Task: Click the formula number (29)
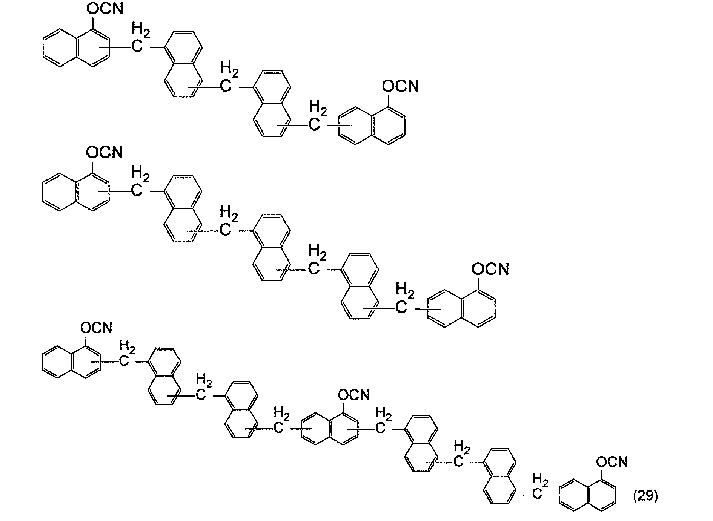point(645,496)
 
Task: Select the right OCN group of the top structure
point(401,86)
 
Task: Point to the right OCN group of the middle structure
point(490,269)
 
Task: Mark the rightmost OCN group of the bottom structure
point(612,461)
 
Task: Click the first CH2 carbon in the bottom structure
point(124,361)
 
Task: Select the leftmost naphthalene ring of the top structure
point(77,48)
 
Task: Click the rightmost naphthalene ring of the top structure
point(372,126)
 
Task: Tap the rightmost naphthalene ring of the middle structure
point(461,308)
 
